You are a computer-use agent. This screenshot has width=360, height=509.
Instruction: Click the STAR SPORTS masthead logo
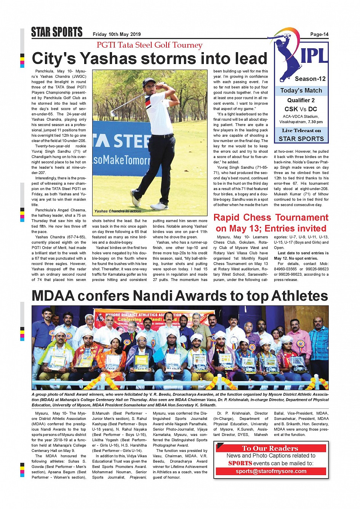pos(57,32)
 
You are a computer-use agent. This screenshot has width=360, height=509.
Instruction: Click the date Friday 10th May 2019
pos(117,34)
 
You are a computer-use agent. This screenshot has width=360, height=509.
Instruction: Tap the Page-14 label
pos(319,34)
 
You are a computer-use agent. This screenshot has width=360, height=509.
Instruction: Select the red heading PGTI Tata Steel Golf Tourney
pos(149,45)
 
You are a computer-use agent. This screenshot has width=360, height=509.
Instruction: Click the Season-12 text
pos(310,79)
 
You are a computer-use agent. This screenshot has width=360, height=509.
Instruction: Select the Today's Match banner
pos(301,91)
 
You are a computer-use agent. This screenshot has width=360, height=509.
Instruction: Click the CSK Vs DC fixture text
pos(301,109)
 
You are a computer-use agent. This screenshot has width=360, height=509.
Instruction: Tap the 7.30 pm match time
pos(315,122)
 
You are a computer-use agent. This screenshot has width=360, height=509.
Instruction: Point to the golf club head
pos(113,113)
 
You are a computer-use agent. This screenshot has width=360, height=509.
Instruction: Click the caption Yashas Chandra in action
pos(117,211)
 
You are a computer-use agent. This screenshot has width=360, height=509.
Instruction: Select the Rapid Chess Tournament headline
pos(271,218)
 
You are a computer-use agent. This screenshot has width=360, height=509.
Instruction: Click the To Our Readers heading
pos(270,448)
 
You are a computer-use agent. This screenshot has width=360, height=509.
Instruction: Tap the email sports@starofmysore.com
pos(271,471)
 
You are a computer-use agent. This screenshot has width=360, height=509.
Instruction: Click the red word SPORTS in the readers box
pos(240,463)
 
